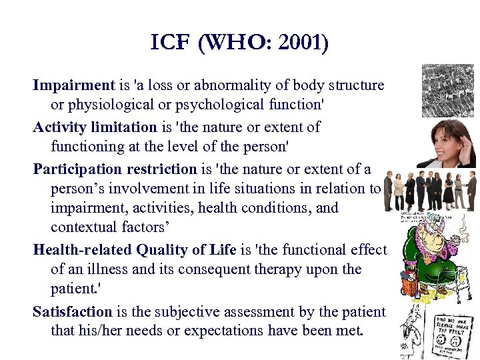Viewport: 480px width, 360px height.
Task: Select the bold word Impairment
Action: pyautogui.click(x=74, y=85)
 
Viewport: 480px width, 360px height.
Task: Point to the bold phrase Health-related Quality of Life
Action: pyautogui.click(x=135, y=249)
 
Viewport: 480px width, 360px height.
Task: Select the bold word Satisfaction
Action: pyautogui.click(x=73, y=311)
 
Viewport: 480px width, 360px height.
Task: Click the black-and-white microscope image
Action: pyautogui.click(x=447, y=91)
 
